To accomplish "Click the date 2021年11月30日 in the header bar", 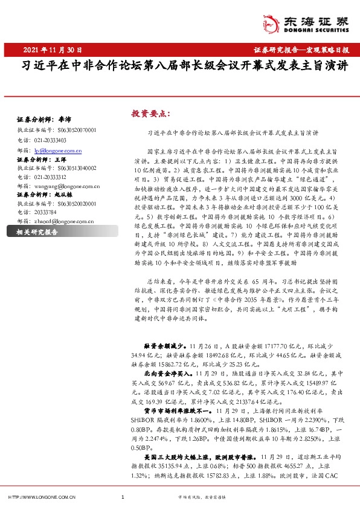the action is pos(53,49).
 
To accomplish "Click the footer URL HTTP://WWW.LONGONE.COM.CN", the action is pos(42,497).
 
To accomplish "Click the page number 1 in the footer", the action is pos(123,497).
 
